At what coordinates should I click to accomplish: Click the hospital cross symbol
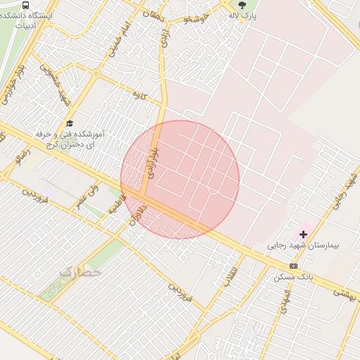click(x=304, y=233)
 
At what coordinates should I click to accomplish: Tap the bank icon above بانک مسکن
click(x=293, y=266)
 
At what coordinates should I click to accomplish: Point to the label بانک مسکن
click(x=293, y=278)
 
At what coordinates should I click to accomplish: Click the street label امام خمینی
click(x=117, y=41)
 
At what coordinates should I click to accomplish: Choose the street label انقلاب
click(x=230, y=277)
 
